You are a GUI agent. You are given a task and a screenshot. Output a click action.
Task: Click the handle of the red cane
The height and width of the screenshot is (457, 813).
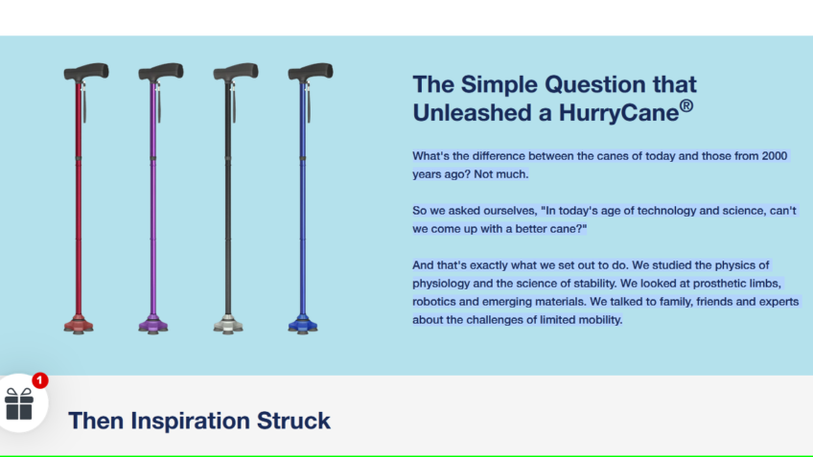[86, 72]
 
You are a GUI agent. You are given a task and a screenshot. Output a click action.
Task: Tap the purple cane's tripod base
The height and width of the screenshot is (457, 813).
[153, 325]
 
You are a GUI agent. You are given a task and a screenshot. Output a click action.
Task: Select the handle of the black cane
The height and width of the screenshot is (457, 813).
[236, 72]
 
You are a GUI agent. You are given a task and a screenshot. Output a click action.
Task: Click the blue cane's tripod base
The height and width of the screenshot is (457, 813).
[303, 325]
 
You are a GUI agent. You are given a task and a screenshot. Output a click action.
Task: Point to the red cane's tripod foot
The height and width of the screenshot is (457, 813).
[79, 325]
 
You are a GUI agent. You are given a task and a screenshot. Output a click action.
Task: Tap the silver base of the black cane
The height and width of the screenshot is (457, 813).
[228, 325]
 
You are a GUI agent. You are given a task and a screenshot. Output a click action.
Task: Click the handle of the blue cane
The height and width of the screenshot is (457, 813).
[311, 72]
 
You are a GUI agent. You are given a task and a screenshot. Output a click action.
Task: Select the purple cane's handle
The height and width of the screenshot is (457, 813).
[161, 72]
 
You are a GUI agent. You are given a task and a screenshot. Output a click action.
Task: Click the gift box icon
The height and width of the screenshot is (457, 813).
[19, 404]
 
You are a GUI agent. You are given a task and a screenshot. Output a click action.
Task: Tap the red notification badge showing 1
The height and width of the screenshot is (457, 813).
[40, 380]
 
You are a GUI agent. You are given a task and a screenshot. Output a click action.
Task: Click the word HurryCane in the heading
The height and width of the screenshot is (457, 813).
[618, 113]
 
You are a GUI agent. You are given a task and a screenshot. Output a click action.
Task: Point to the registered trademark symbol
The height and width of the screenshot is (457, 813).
[686, 106]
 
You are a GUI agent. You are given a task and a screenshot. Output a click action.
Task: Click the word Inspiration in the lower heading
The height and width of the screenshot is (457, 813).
[190, 421]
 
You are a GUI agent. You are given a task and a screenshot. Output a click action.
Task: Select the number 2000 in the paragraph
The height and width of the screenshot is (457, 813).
[774, 156]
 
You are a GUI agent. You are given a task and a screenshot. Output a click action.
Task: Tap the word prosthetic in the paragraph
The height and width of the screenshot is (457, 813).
[717, 284]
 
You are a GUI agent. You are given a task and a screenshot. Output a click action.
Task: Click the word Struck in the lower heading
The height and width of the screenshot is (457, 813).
[293, 421]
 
